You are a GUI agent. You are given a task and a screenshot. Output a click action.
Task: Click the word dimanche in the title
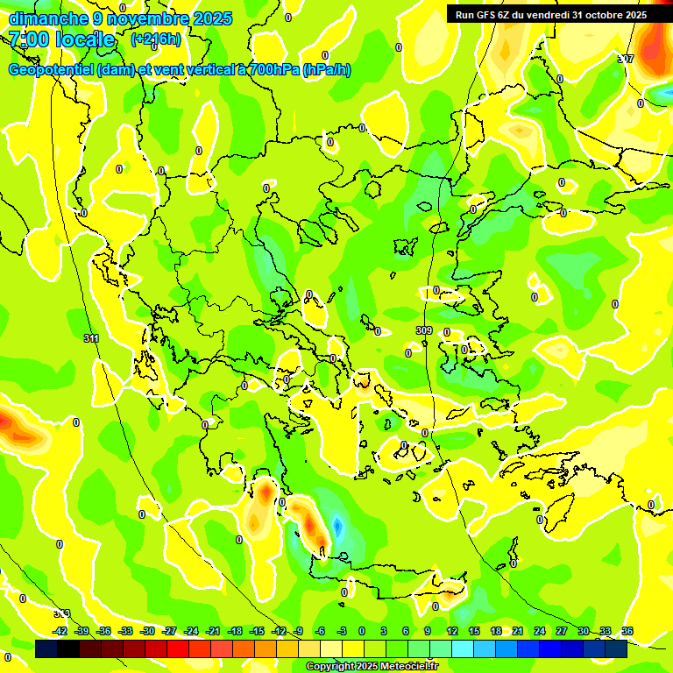click(x=48, y=18)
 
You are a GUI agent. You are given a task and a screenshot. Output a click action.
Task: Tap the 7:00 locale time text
click(x=61, y=40)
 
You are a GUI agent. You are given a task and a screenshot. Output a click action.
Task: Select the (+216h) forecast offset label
click(x=155, y=39)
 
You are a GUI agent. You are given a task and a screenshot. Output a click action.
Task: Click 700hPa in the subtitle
click(x=268, y=70)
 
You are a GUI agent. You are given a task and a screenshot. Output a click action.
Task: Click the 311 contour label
click(x=92, y=338)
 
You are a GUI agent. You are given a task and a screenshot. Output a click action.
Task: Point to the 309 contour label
click(x=424, y=330)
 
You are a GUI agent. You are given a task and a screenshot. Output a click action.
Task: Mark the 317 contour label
click(x=626, y=59)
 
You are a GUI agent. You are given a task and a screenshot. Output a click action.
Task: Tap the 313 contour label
click(x=61, y=613)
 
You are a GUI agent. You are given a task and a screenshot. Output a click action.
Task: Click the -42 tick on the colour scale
click(x=60, y=631)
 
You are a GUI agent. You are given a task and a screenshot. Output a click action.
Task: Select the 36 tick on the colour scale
click(x=627, y=631)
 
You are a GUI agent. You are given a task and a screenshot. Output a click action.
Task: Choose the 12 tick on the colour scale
click(x=452, y=631)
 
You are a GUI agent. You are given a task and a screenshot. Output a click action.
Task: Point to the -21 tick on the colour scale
click(x=213, y=631)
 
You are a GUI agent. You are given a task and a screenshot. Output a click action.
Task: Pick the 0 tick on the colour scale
click(x=362, y=631)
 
